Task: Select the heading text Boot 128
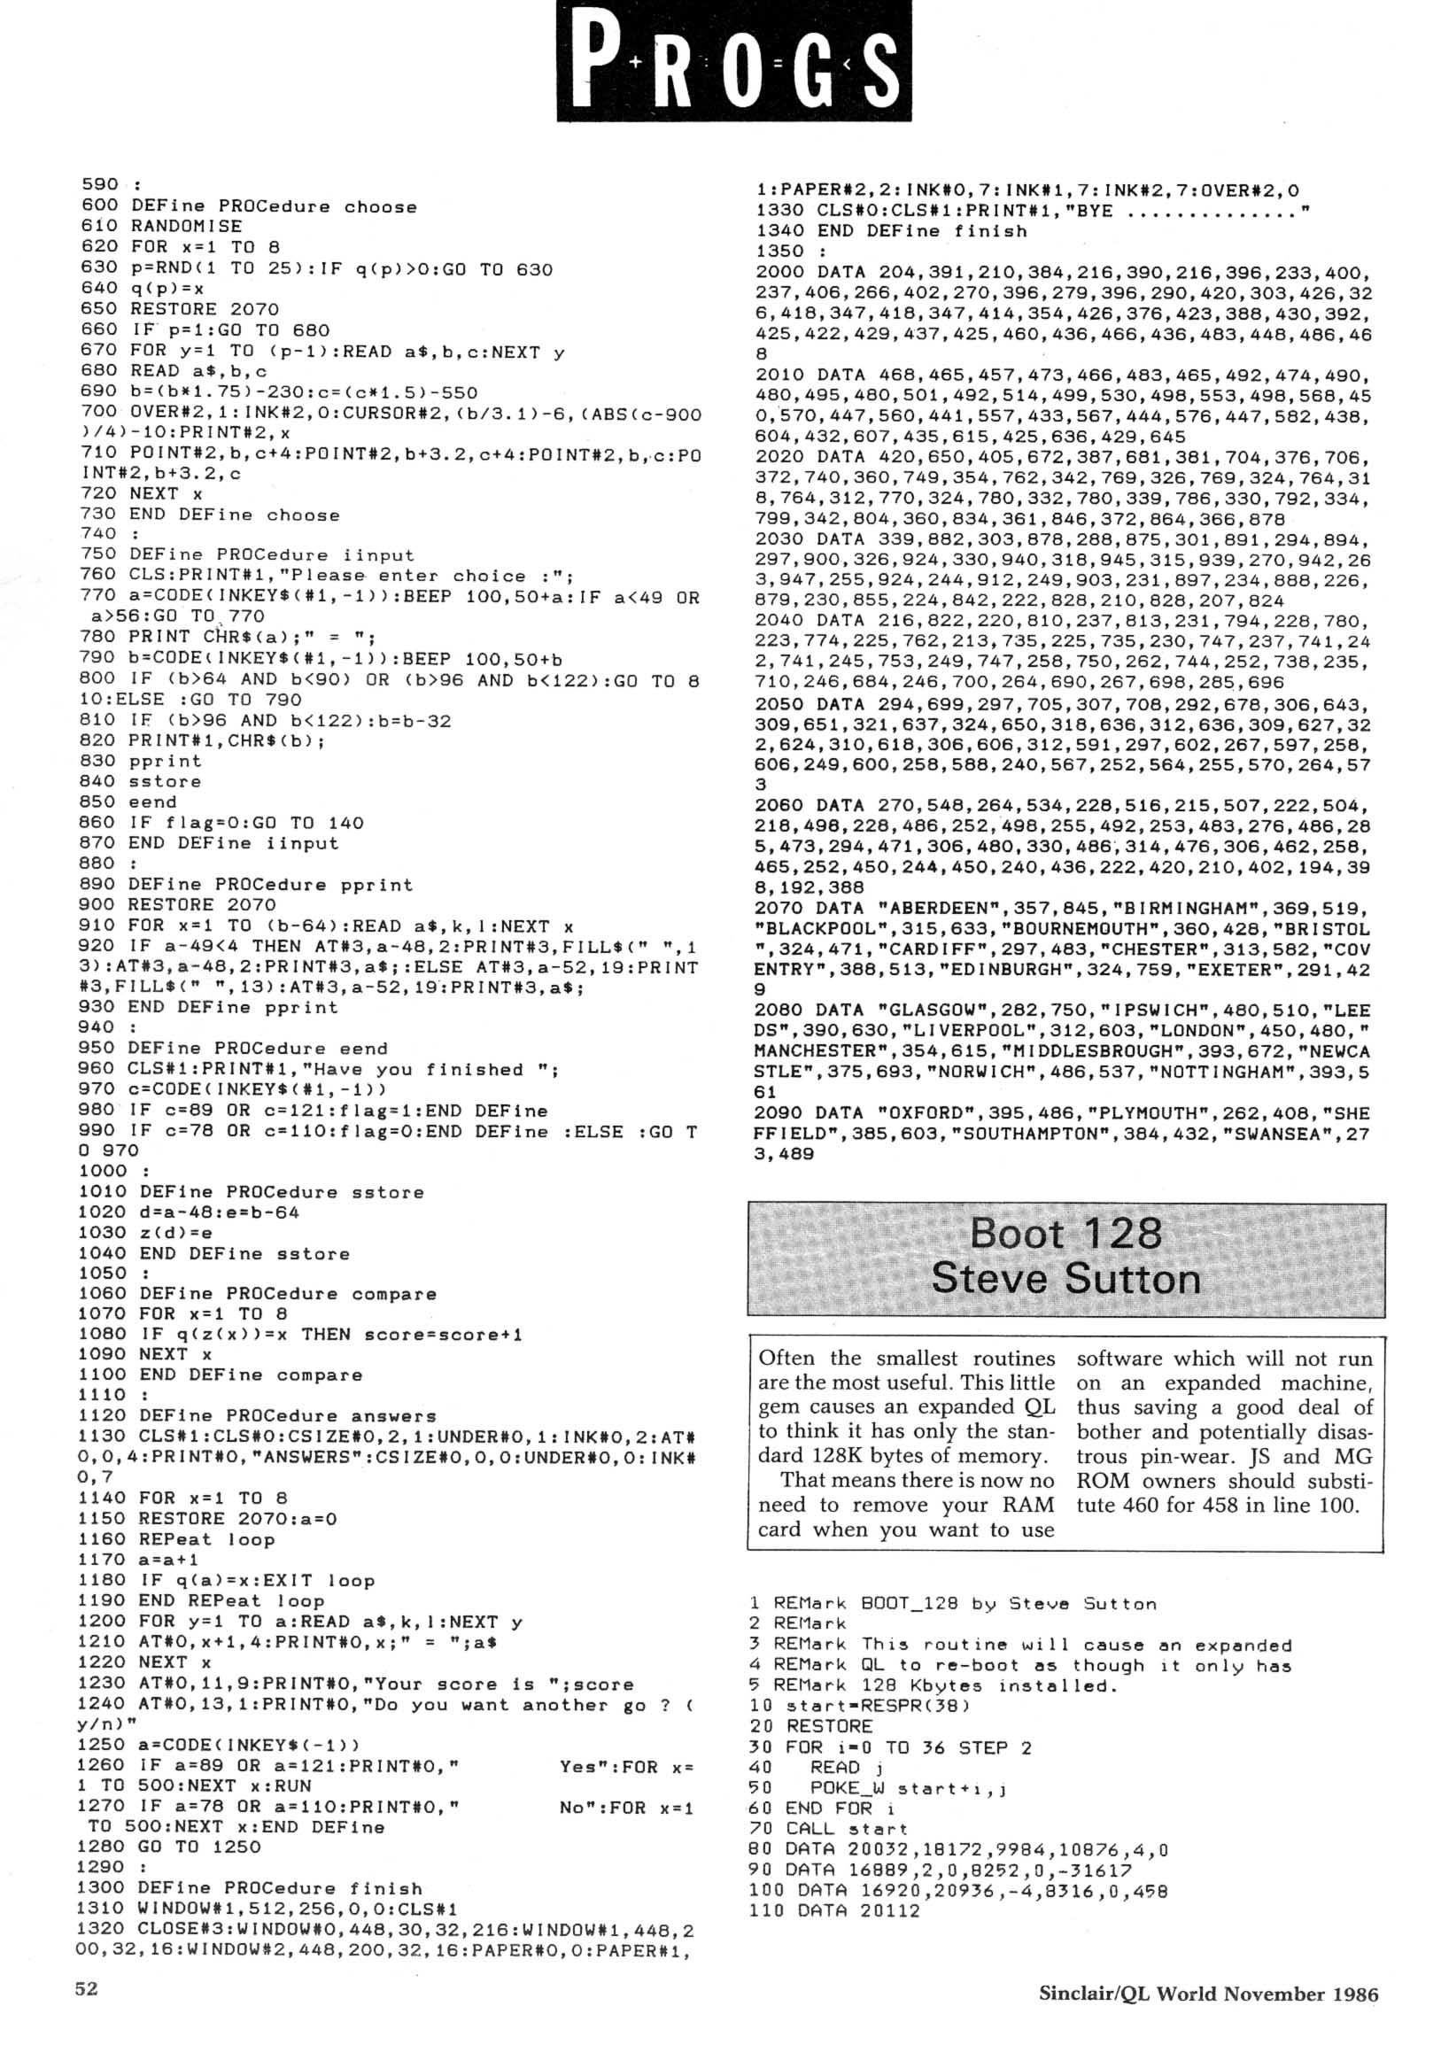pyautogui.click(x=1065, y=1233)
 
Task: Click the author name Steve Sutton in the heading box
pyautogui.click(x=1065, y=1279)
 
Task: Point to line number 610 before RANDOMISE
pyautogui.click(x=99, y=226)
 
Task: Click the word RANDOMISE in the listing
pyautogui.click(x=186, y=226)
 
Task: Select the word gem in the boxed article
pyautogui.click(x=780, y=1406)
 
